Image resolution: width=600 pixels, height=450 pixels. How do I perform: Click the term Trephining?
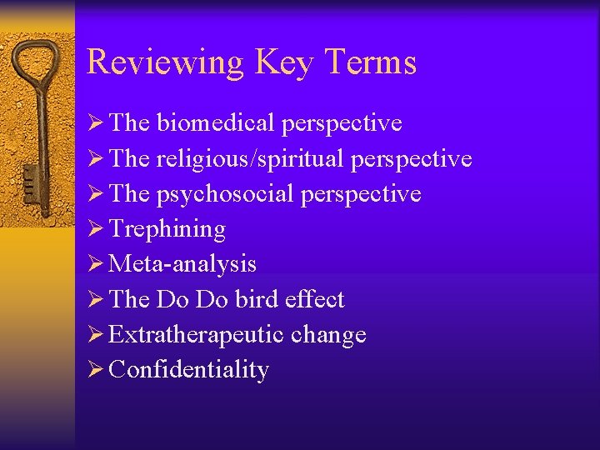tap(167, 229)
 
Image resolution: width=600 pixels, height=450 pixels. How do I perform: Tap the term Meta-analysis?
tap(182, 264)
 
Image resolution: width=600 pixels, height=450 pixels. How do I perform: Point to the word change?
tap(328, 335)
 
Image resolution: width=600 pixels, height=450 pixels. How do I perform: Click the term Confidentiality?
tap(188, 370)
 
